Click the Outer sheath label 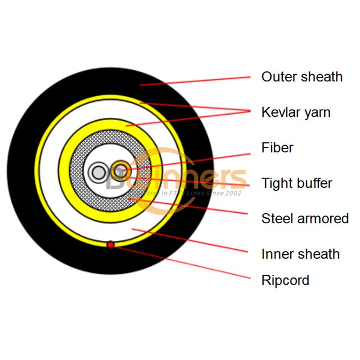(302, 77)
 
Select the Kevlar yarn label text (296, 112)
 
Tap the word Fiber (277, 148)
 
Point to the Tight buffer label (297, 183)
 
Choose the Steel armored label (305, 219)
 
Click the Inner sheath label (300, 254)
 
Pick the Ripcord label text (285, 280)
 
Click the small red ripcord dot (111, 244)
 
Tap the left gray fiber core (99, 173)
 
